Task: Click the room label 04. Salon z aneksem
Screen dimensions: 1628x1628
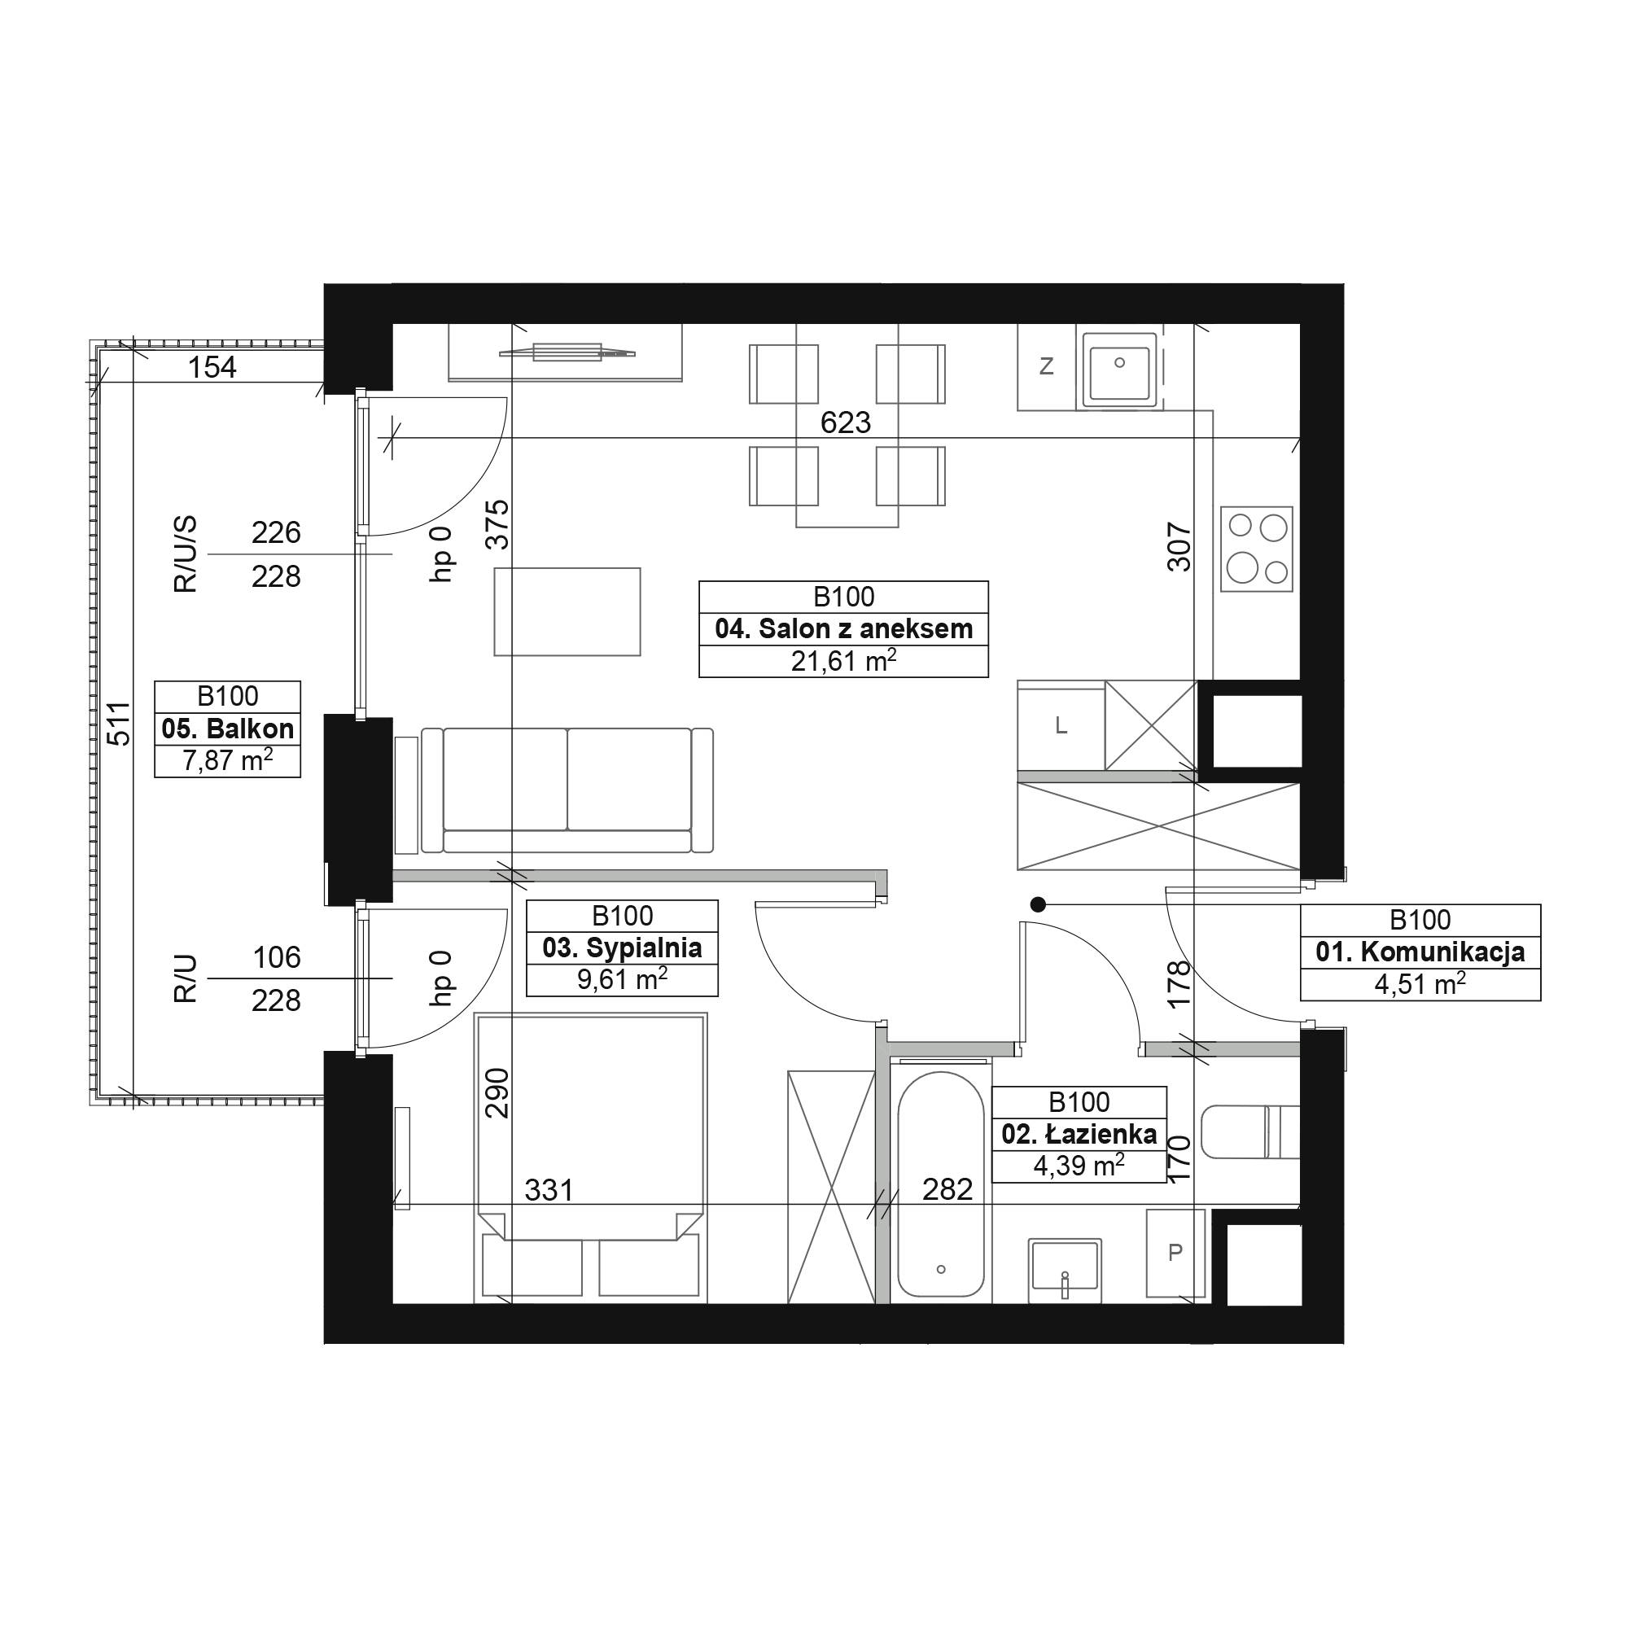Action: click(843, 628)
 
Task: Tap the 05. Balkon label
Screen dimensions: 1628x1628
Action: click(228, 729)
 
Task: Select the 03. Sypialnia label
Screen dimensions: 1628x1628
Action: click(622, 948)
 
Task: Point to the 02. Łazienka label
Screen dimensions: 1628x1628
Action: click(1079, 1134)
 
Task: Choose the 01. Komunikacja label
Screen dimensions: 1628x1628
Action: click(1420, 952)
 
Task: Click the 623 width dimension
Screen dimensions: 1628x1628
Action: click(845, 422)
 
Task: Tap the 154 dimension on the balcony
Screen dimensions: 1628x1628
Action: click(212, 367)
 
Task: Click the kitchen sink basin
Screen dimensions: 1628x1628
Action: click(1119, 366)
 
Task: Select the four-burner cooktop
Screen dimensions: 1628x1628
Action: click(1256, 549)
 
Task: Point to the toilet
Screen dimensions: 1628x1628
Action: click(1250, 1131)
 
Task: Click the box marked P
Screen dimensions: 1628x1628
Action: click(1175, 1253)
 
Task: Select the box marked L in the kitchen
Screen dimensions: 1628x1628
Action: click(1061, 725)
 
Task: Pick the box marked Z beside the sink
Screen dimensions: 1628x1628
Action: click(1047, 366)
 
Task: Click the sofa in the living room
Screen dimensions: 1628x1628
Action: click(567, 790)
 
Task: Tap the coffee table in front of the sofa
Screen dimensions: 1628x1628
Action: click(567, 612)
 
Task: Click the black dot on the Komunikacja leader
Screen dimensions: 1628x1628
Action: click(1038, 905)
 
